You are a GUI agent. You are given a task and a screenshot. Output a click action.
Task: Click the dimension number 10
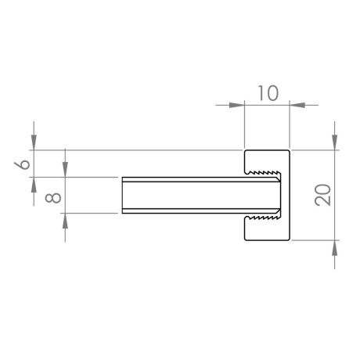[268, 93]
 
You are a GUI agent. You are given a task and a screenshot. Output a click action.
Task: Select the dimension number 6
[22, 164]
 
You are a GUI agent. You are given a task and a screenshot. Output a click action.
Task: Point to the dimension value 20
[322, 195]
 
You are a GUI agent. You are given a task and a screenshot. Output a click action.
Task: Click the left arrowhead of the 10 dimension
[236, 105]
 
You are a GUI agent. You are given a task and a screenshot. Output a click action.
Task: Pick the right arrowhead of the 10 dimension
[297, 105]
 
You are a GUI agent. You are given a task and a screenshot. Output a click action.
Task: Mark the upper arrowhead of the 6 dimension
[34, 142]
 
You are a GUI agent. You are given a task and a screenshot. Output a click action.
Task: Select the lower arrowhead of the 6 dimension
[34, 185]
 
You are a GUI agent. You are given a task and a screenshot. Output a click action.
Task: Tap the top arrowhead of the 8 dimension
[65, 170]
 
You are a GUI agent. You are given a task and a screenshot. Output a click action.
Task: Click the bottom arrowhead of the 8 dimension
[65, 221]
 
